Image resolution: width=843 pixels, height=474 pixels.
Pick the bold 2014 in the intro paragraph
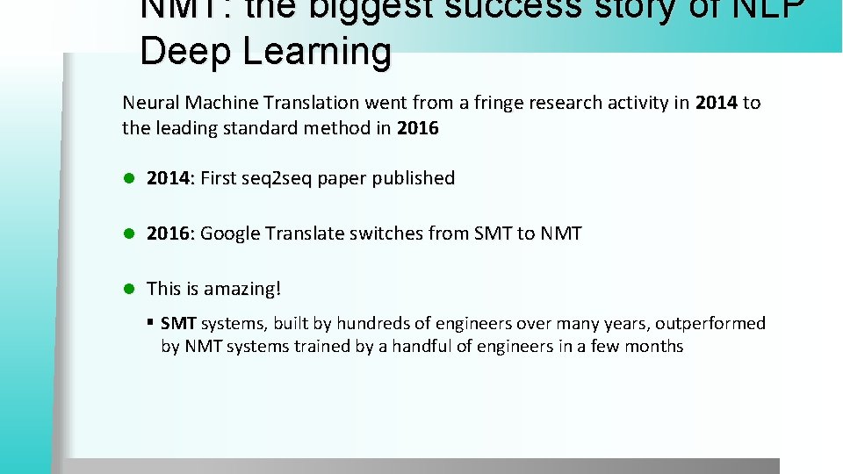pyautogui.click(x=717, y=103)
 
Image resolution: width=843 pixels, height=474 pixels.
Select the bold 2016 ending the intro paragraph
pyautogui.click(x=417, y=128)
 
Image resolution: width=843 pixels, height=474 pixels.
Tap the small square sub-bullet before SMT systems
pyautogui.click(x=151, y=323)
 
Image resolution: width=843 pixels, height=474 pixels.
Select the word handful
pyautogui.click(x=423, y=347)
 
